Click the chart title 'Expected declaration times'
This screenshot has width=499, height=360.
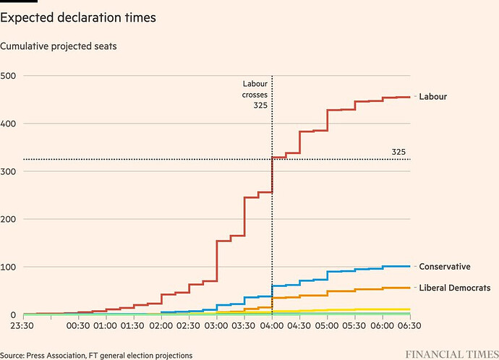[x=78, y=17]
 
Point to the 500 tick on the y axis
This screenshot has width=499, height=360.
[x=9, y=76]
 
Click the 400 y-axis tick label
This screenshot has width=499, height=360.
[x=9, y=124]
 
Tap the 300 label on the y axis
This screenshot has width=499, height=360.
[x=9, y=171]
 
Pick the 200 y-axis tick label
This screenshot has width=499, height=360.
[x=9, y=219]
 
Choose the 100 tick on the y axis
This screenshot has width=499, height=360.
[x=9, y=267]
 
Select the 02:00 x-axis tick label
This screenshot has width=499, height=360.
[x=161, y=326]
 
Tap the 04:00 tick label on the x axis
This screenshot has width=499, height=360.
[x=272, y=326]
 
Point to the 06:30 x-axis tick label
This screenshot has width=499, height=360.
[x=410, y=326]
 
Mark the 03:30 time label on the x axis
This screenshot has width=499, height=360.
[x=244, y=326]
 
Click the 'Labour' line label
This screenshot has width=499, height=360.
[x=433, y=97]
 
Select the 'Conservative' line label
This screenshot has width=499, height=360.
[x=445, y=267]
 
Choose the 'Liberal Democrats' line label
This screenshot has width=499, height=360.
[x=455, y=288]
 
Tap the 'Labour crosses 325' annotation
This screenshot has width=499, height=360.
[x=255, y=95]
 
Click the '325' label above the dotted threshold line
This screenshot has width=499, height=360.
[x=398, y=153]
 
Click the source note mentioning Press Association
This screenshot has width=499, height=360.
[x=96, y=355]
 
